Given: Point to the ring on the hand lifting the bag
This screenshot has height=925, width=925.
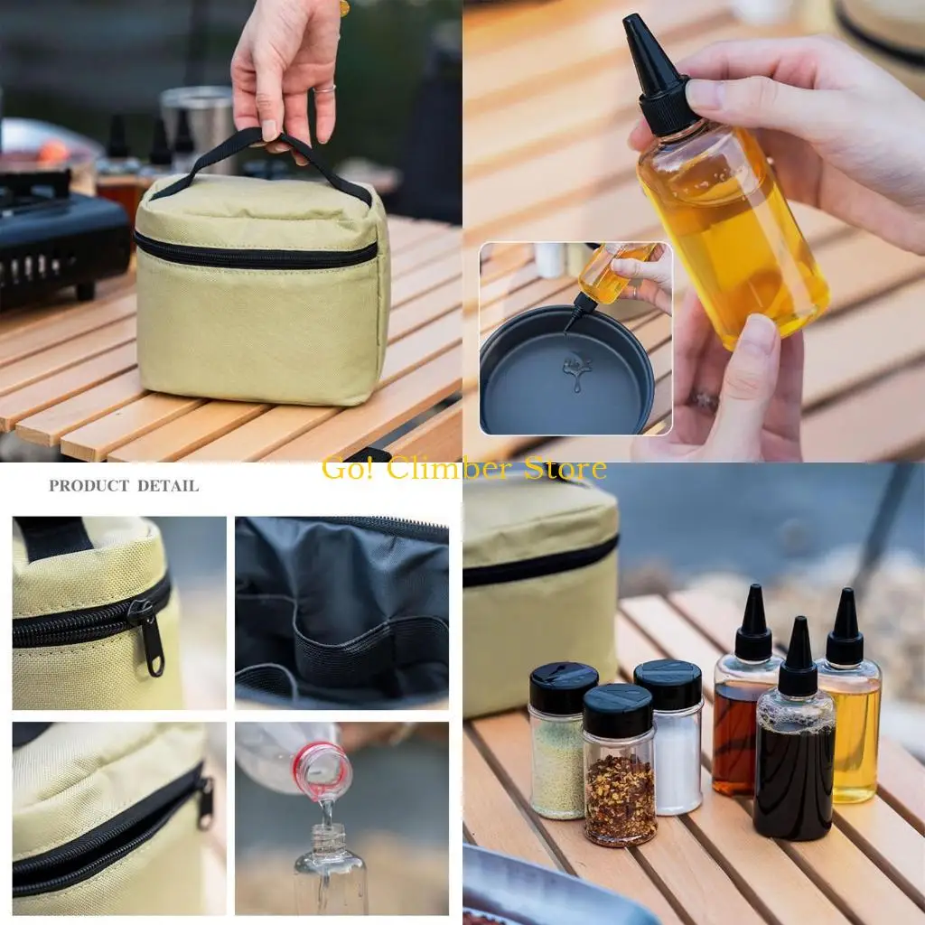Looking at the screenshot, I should point(326,89).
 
